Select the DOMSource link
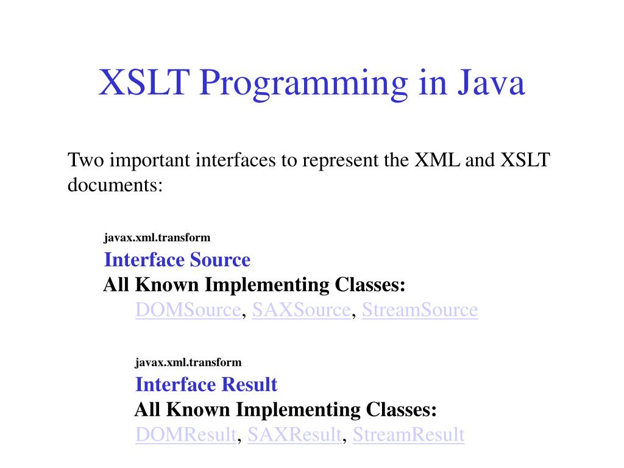[188, 310]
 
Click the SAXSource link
[302, 310]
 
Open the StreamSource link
[420, 310]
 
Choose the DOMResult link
[185, 434]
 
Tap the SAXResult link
[294, 434]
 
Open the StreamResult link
[408, 434]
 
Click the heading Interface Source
[177, 260]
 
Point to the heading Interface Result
[206, 385]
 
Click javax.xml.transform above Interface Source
[157, 238]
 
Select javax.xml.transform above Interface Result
[188, 363]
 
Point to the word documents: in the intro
[115, 185]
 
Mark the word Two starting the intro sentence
[84, 160]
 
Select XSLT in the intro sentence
[525, 160]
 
